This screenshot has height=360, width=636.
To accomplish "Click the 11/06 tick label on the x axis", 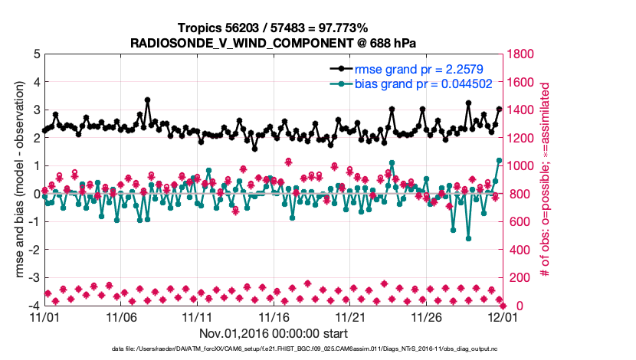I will coord(121,316).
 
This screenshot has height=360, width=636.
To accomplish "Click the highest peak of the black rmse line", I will coord(147,100).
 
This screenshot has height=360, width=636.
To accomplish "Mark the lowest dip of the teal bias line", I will coord(468,238).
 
